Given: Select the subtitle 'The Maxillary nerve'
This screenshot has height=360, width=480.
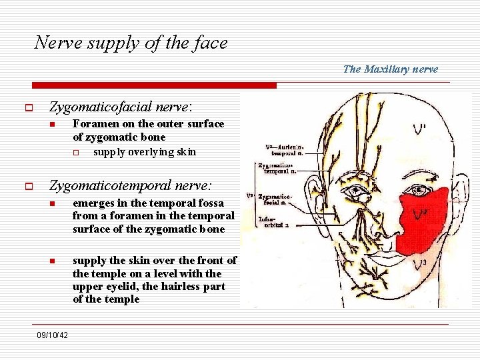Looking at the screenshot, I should pos(391,69).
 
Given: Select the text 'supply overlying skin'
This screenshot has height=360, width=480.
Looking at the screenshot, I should pos(145,151).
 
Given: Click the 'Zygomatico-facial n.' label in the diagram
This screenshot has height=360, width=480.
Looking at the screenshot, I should pos(273,201).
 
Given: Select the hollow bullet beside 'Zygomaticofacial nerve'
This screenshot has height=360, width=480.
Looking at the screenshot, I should pos(30,107).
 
